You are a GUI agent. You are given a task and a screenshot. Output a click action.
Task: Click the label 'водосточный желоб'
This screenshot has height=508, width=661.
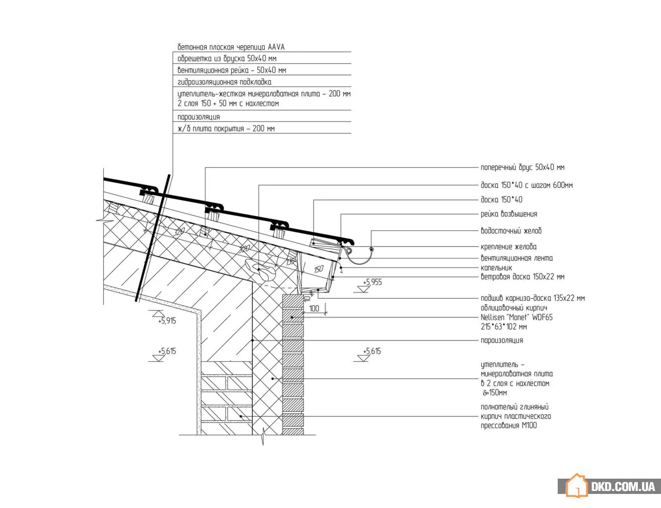pyautogui.click(x=511, y=231)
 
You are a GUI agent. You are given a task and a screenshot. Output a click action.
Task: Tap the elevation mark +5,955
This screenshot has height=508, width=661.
pyautogui.click(x=372, y=282)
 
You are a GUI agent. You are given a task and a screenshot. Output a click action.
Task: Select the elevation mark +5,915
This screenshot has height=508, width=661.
pyautogui.click(x=166, y=321)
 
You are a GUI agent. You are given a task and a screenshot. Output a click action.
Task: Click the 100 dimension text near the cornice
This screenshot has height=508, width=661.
pyautogui.click(x=314, y=309)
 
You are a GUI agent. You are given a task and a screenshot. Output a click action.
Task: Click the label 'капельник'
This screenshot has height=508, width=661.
pyautogui.click(x=496, y=268)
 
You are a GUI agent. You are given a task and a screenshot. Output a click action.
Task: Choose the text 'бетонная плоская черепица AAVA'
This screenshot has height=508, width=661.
pyautogui.click(x=231, y=47)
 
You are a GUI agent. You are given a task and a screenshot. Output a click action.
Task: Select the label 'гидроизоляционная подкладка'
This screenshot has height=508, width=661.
pyautogui.click(x=224, y=82)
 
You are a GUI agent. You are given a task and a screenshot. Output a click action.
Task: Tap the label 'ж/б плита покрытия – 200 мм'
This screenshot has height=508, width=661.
pyautogui.click(x=226, y=129)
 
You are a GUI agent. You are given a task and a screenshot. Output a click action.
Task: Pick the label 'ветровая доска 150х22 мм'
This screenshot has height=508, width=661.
pyautogui.click(x=522, y=277)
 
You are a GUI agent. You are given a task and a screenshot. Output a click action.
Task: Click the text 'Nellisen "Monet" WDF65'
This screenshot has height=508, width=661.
pyautogui.click(x=516, y=317)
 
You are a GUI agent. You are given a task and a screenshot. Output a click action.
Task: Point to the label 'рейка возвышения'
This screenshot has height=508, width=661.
pyautogui.click(x=509, y=214)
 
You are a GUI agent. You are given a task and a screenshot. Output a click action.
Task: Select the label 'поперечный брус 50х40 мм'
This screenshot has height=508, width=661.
pyautogui.click(x=522, y=167)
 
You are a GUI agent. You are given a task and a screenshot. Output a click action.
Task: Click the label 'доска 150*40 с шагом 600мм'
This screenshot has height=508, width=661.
pyautogui.click(x=527, y=185)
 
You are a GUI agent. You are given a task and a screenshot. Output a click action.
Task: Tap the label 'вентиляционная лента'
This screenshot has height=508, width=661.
pyautogui.click(x=516, y=258)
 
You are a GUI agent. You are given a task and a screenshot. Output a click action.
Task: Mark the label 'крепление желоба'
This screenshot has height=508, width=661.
pyautogui.click(x=509, y=246)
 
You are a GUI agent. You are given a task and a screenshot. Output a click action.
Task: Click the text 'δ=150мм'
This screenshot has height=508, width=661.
pyautogui.click(x=495, y=393)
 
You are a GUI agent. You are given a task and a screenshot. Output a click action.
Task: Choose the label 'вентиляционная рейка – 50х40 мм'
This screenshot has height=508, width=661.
pyautogui.click(x=231, y=70)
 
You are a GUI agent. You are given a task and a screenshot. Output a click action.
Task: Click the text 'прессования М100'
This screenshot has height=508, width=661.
pyautogui.click(x=509, y=425)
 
